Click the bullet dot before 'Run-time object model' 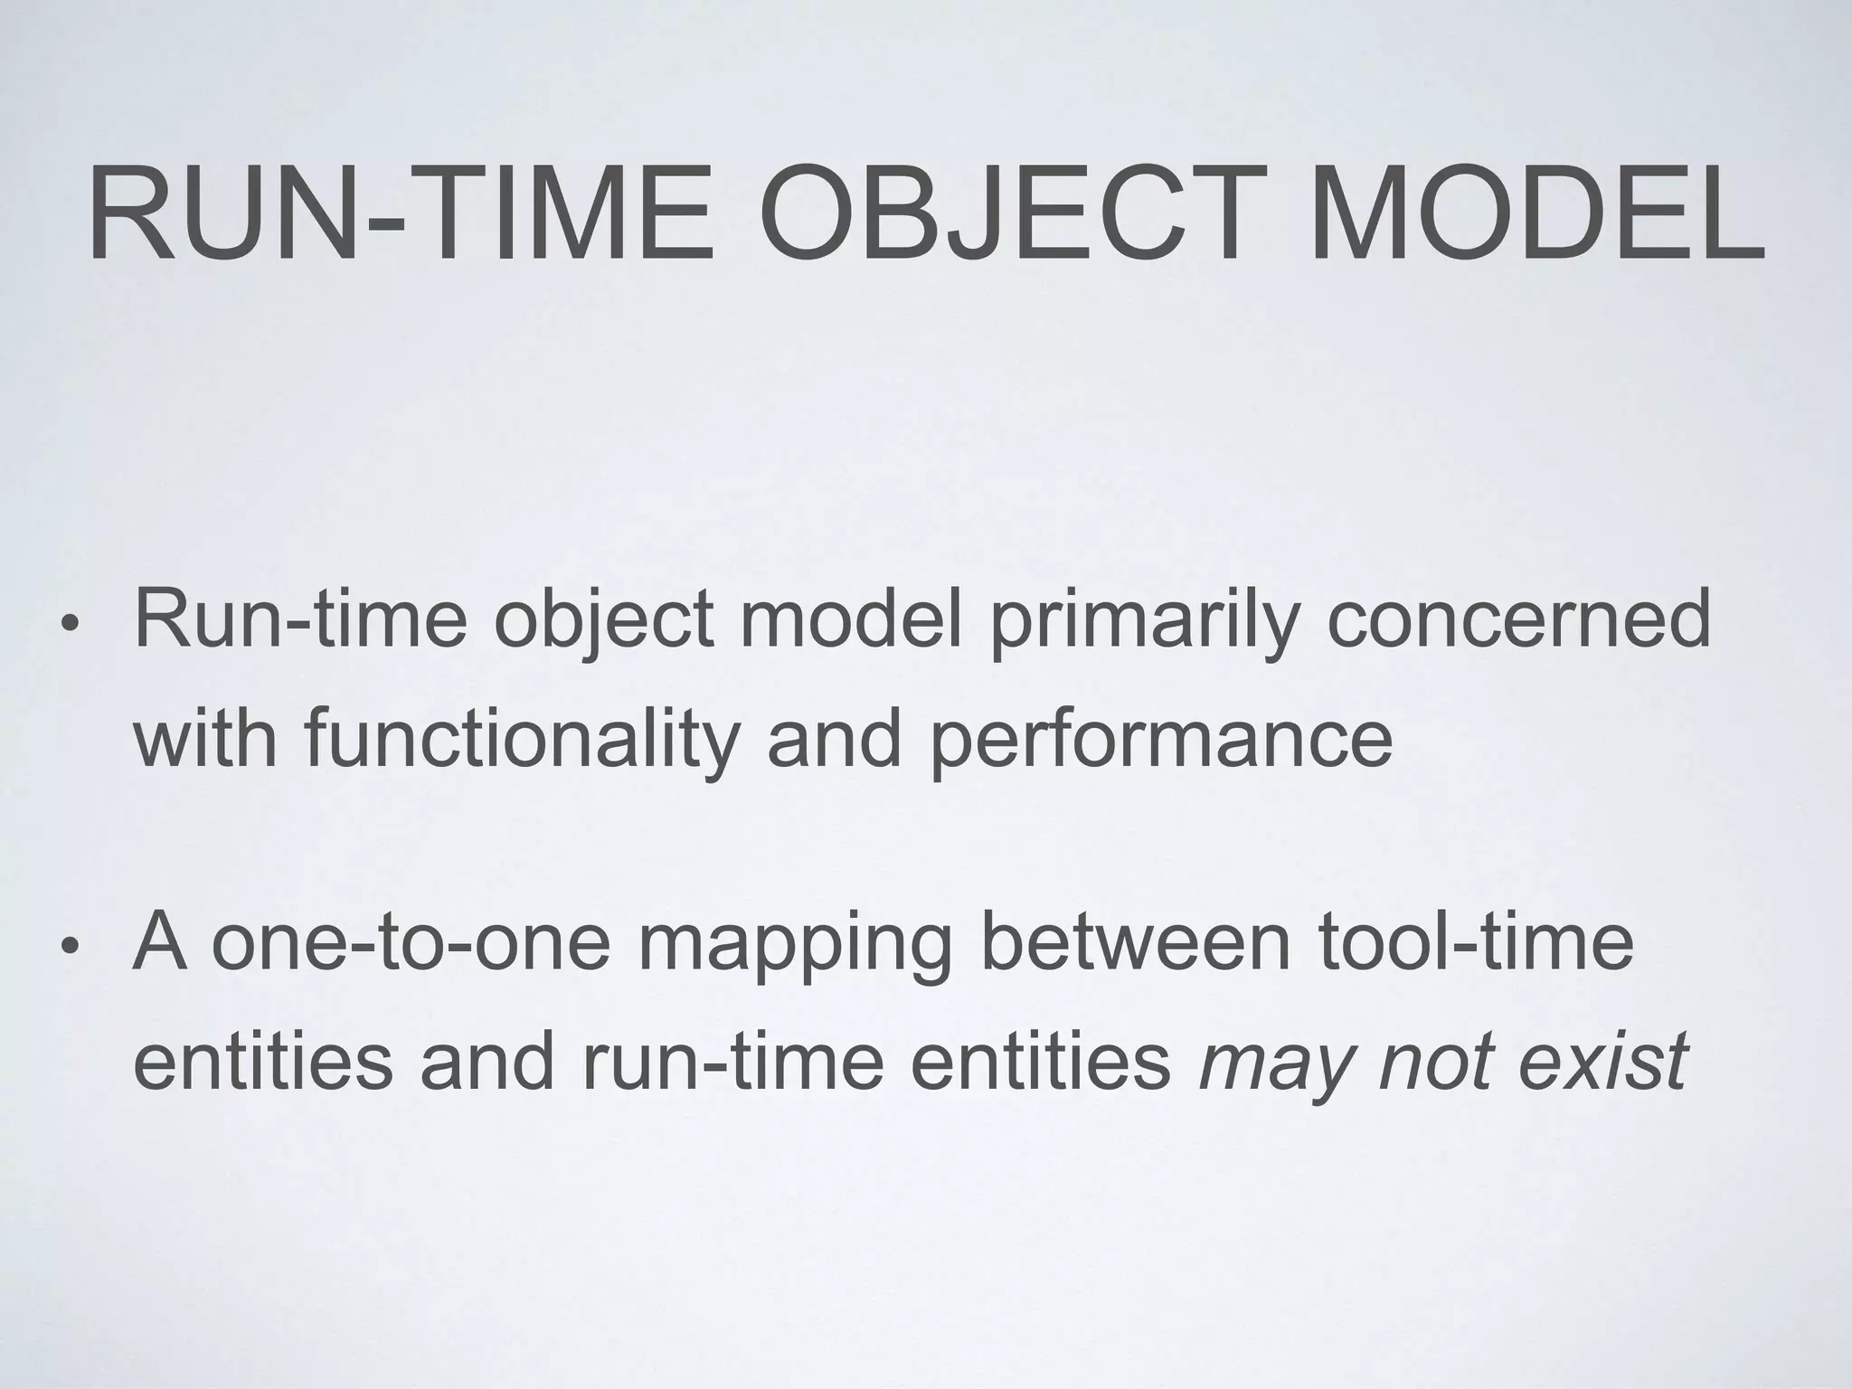click(x=68, y=625)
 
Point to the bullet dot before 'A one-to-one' click(x=68, y=947)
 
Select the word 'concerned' click(x=1518, y=619)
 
